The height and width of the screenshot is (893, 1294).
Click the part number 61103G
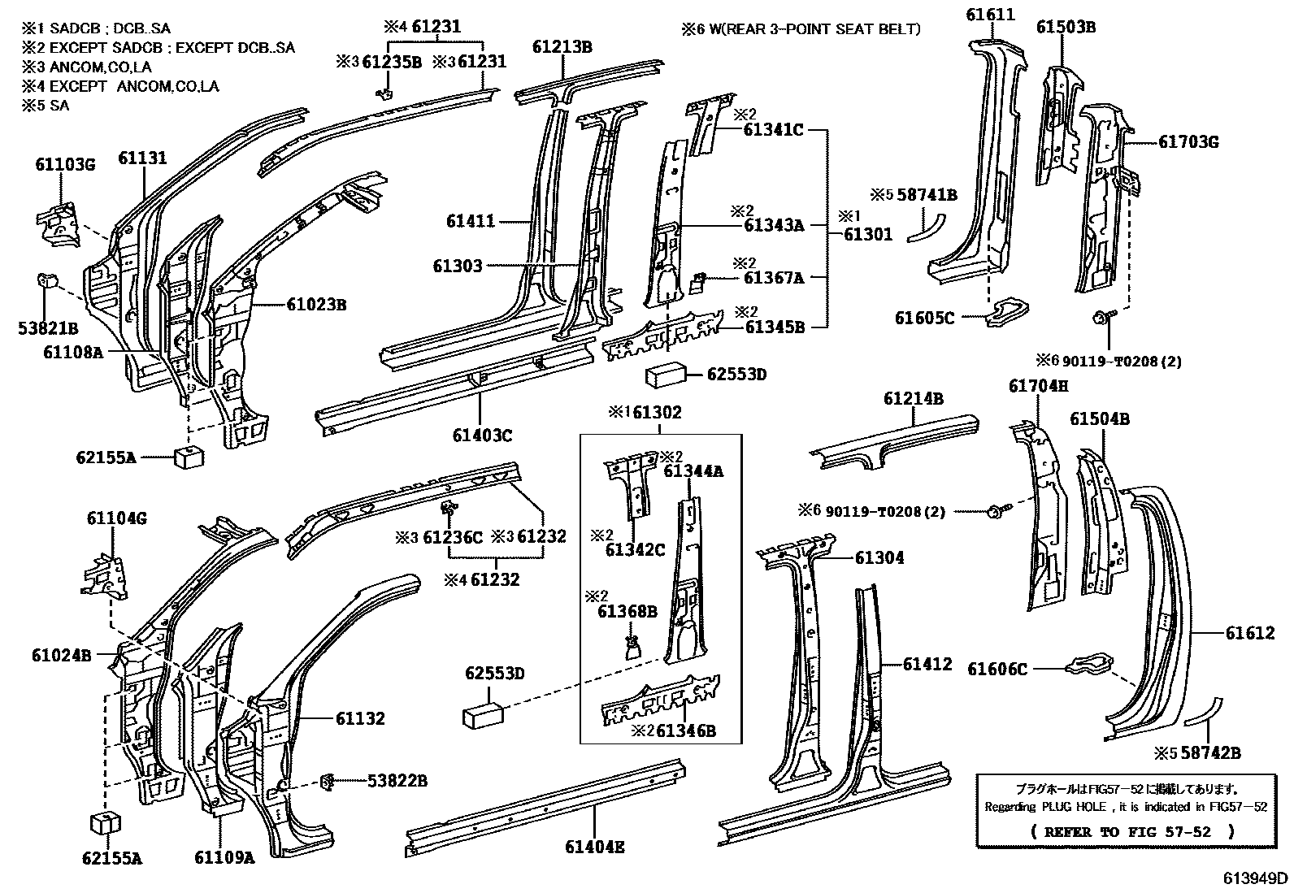tap(64, 165)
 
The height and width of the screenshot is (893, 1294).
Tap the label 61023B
tap(316, 305)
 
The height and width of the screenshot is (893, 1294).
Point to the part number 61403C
tap(483, 436)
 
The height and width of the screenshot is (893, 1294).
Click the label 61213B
tap(562, 47)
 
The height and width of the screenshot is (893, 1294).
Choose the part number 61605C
tap(924, 318)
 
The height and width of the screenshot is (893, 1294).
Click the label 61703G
tap(1188, 142)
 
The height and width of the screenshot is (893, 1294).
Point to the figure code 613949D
tap(1257, 878)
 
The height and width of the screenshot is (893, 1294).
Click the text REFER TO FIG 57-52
tap(1133, 831)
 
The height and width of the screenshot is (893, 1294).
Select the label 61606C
tap(997, 669)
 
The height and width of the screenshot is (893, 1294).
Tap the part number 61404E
tap(595, 847)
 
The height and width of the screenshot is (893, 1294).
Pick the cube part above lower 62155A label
tap(104, 822)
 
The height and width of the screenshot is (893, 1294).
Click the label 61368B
tap(627, 612)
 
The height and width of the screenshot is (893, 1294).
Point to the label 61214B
tap(914, 399)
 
